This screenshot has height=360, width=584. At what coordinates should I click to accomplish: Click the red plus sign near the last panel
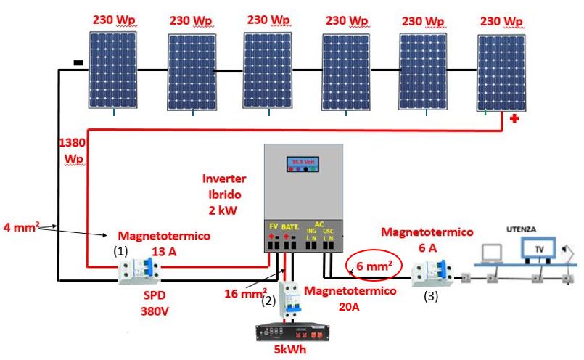515,119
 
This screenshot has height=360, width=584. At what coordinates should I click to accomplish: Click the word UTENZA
522,229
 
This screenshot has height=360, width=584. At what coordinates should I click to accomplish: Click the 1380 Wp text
73,150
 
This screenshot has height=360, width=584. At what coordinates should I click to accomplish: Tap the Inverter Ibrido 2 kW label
226,195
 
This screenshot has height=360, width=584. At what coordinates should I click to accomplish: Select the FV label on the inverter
274,226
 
